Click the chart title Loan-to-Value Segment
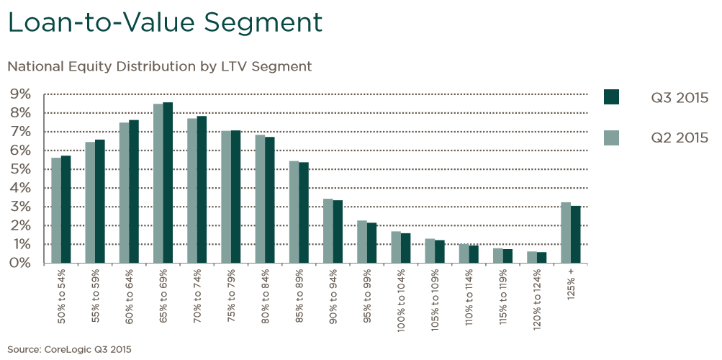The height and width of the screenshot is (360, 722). point(164,22)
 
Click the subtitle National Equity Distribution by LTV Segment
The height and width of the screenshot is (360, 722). point(159,66)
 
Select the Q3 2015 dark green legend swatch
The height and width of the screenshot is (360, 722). point(611,97)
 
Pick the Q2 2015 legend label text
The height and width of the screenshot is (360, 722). point(680,137)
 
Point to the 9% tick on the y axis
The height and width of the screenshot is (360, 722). point(20,94)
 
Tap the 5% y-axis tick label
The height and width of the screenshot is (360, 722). point(20,169)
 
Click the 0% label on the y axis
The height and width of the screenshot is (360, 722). point(20,263)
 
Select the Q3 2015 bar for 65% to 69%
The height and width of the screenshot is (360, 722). point(168,183)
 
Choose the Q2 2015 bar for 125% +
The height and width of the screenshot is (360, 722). point(566,233)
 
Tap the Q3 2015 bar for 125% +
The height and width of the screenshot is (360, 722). point(576,235)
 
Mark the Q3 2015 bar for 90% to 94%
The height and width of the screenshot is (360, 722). point(338,232)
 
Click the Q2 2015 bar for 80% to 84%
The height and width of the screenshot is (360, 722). point(260,199)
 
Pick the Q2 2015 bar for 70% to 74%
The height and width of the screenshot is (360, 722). point(192,191)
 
